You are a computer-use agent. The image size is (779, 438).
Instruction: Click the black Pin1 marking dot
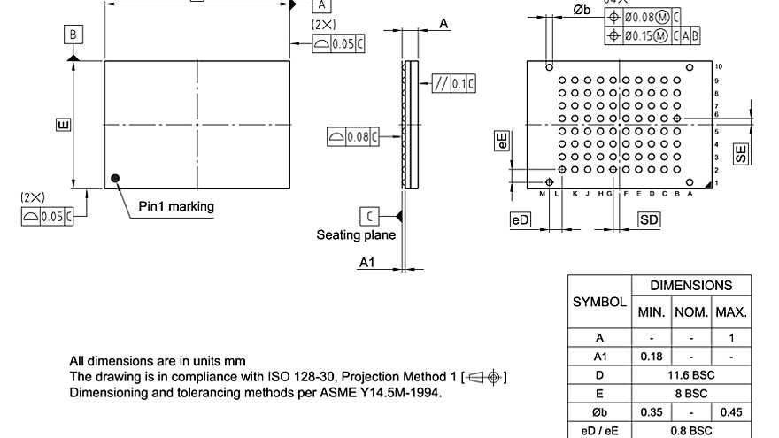tap(115, 179)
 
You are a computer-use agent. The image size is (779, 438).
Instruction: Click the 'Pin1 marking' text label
tap(176, 206)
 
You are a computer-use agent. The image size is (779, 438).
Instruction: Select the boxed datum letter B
tap(73, 35)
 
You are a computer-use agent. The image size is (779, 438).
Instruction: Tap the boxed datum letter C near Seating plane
tap(368, 215)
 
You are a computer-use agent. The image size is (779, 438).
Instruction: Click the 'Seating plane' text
tap(356, 234)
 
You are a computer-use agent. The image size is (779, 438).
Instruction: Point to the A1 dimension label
tap(367, 263)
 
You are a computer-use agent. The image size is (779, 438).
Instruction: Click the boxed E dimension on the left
tap(63, 126)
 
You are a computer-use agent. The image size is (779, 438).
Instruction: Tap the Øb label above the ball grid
tap(582, 10)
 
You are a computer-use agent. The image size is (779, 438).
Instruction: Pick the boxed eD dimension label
tap(520, 219)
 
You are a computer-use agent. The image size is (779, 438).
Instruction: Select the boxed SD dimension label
tap(650, 219)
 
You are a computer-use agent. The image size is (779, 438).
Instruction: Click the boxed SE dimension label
tap(741, 153)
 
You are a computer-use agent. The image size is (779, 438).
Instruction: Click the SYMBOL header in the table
tap(599, 302)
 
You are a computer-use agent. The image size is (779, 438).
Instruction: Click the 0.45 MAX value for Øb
tap(732, 411)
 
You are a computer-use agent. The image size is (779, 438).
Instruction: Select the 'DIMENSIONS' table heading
tap(690, 286)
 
